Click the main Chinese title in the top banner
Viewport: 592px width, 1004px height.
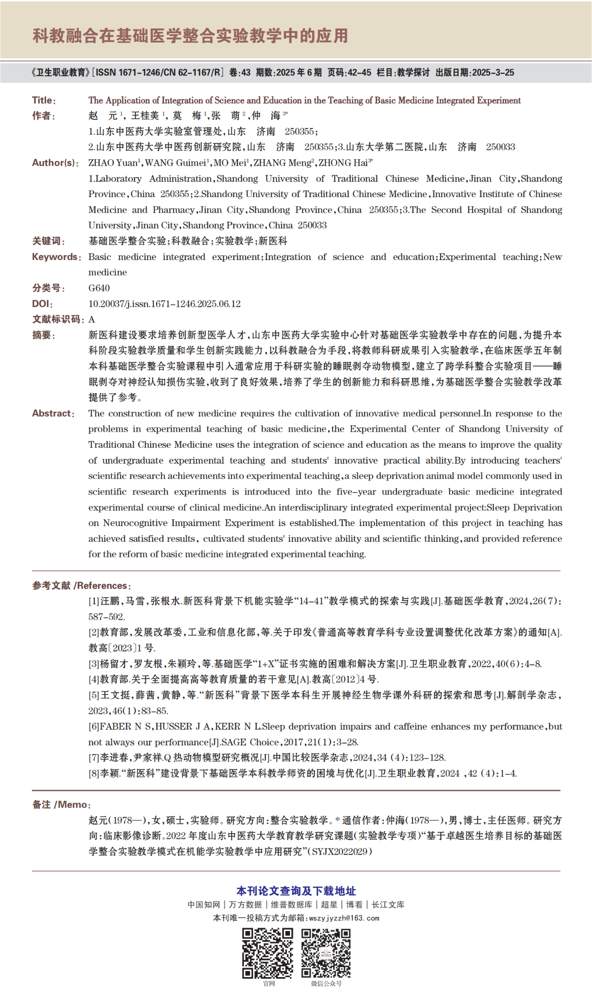pos(190,36)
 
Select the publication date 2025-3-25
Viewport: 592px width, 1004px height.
pos(493,73)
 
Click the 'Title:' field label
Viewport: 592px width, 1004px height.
pos(44,100)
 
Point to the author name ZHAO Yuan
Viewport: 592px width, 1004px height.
pos(113,163)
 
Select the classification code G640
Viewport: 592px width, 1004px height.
pos(99,288)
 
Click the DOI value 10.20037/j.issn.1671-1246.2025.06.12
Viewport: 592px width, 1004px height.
pos(164,304)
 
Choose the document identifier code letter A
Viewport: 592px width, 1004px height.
pos(92,319)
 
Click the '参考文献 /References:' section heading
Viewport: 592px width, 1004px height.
pos(81,586)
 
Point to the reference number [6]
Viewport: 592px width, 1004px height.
pos(94,726)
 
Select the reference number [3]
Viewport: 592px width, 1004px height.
pos(94,664)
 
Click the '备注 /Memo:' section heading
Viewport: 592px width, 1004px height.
pos(62,805)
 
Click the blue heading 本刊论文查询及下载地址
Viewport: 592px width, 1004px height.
pos(296,891)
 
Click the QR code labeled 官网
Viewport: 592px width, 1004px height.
pos(268,953)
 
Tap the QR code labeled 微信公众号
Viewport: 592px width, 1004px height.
pos(326,953)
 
